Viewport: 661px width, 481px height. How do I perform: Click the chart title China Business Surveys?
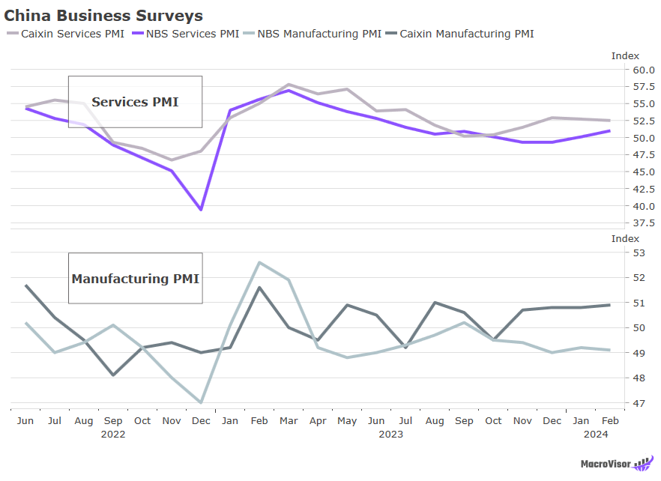click(x=103, y=15)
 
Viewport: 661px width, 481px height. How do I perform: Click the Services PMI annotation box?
click(x=135, y=102)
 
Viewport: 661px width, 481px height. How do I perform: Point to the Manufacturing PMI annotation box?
click(x=135, y=279)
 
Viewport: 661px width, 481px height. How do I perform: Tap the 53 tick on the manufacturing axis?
click(x=639, y=252)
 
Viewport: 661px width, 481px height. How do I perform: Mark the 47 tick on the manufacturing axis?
click(x=639, y=403)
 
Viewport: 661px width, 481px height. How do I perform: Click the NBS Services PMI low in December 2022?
click(x=201, y=210)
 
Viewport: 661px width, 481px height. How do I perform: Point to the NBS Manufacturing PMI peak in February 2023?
click(x=259, y=262)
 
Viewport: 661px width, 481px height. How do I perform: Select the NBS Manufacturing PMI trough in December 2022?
click(x=201, y=403)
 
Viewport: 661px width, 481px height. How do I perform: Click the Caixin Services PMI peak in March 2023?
click(x=289, y=85)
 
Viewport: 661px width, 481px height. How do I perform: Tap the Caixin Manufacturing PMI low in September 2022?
click(x=113, y=375)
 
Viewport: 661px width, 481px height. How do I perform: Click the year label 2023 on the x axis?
click(x=390, y=434)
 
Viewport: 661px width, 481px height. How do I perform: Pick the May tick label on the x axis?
click(x=347, y=421)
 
